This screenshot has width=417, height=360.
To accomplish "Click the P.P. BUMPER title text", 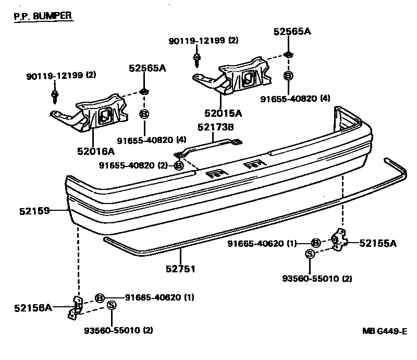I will click(x=42, y=16).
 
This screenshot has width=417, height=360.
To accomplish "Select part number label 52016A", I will click(x=95, y=151).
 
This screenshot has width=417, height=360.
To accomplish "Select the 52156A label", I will click(x=32, y=307).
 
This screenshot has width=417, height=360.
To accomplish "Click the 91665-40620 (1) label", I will click(x=262, y=243).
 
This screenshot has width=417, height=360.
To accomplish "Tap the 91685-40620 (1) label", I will click(x=159, y=298).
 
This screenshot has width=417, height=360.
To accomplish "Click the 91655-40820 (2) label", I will click(x=134, y=165).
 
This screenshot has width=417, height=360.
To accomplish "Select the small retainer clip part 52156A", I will click(x=76, y=308).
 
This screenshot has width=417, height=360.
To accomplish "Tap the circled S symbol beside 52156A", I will click(x=111, y=306).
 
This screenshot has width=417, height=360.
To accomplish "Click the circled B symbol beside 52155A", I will click(x=315, y=243).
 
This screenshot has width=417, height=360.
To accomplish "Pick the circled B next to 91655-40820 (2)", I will click(x=178, y=165).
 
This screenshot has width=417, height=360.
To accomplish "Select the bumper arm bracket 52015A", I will click(x=240, y=76).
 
